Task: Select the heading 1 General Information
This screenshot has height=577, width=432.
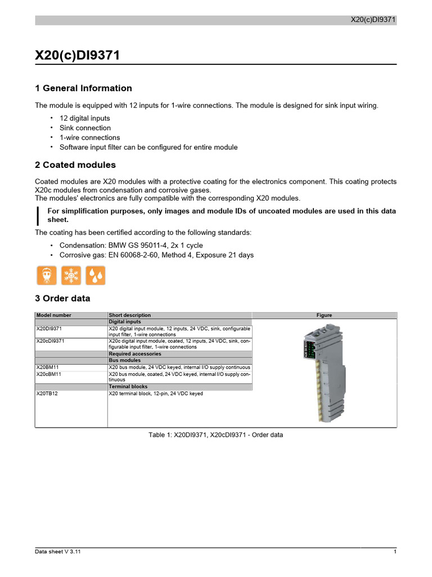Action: pyautogui.click(x=83, y=88)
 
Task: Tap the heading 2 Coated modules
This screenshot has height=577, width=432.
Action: pyautogui.click(x=75, y=165)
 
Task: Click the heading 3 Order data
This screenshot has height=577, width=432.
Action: pyautogui.click(x=62, y=298)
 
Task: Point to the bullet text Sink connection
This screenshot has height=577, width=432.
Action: pyautogui.click(x=85, y=128)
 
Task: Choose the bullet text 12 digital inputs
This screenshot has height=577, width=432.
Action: pyautogui.click(x=85, y=118)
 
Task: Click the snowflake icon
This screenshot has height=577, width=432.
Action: pyautogui.click(x=71, y=276)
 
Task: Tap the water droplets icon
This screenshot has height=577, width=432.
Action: pyautogui.click(x=95, y=276)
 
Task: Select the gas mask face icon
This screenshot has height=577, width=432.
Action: pyautogui.click(x=47, y=276)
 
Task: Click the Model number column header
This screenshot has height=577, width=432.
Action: pyautogui.click(x=54, y=315)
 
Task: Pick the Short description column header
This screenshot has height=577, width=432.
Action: pyautogui.click(x=130, y=315)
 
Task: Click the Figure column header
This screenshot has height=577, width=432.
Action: pyautogui.click(x=324, y=315)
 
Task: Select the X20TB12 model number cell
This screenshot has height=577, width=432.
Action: pyautogui.click(x=47, y=393)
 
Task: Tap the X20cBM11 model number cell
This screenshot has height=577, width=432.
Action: pyautogui.click(x=49, y=374)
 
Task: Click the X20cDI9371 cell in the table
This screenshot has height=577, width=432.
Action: pyautogui.click(x=51, y=341)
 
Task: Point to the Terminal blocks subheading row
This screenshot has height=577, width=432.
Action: pyautogui.click(x=128, y=387)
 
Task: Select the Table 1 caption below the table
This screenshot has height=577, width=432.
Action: pyautogui.click(x=215, y=435)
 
